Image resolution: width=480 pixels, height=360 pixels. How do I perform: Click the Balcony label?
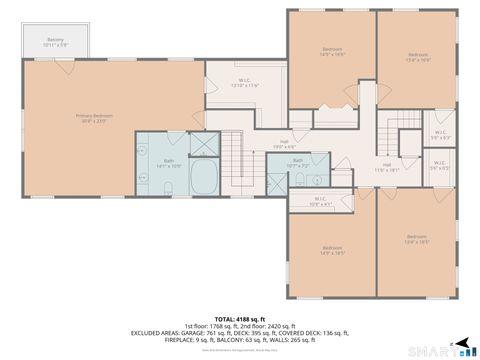(x=55, y=43)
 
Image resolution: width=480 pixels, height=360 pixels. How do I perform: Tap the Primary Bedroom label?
(x=95, y=119)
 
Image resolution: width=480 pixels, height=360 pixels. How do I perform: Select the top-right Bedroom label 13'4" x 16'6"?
(x=417, y=57)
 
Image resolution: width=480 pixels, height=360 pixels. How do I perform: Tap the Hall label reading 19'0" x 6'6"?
(x=284, y=144)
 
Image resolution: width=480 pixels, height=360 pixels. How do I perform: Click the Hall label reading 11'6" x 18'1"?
(x=386, y=168)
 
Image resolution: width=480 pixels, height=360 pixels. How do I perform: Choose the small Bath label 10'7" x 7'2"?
(x=298, y=162)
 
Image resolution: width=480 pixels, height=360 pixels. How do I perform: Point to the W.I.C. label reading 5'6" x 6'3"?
(x=440, y=135)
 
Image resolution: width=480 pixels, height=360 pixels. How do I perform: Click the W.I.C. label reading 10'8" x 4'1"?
(x=320, y=200)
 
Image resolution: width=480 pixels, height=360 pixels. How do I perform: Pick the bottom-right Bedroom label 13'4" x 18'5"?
(x=417, y=240)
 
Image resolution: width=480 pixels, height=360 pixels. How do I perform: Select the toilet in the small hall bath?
(x=301, y=181)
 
